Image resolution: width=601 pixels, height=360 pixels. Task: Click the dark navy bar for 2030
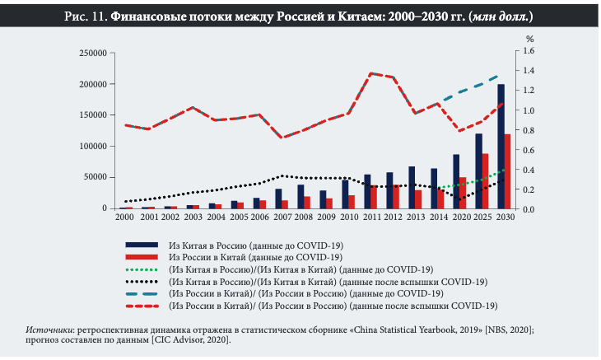coord(501,147)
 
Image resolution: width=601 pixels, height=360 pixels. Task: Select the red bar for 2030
coord(507,171)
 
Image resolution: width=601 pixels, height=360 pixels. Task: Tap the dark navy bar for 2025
coord(478,171)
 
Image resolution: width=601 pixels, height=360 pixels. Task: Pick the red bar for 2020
coord(462,193)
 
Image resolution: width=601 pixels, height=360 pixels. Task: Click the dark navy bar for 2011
coord(367,192)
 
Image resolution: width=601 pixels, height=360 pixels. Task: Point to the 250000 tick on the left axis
coord(93,53)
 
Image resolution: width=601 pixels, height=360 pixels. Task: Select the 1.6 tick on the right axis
coord(529,51)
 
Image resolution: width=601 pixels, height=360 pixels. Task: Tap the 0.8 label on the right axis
coord(529,130)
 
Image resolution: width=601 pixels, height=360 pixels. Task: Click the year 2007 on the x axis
coord(280,217)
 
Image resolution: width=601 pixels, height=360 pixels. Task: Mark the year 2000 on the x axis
coord(125,217)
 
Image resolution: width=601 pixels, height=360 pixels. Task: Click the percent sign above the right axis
coord(530,39)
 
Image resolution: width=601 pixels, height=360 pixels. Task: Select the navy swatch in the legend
coord(141,245)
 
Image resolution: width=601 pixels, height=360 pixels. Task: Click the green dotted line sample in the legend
coord(141,269)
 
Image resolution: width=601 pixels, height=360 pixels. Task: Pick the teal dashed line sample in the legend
coord(141,293)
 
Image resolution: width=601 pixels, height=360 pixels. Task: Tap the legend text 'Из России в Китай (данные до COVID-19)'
coord(255,257)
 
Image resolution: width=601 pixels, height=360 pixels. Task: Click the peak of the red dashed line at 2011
coord(370,73)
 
